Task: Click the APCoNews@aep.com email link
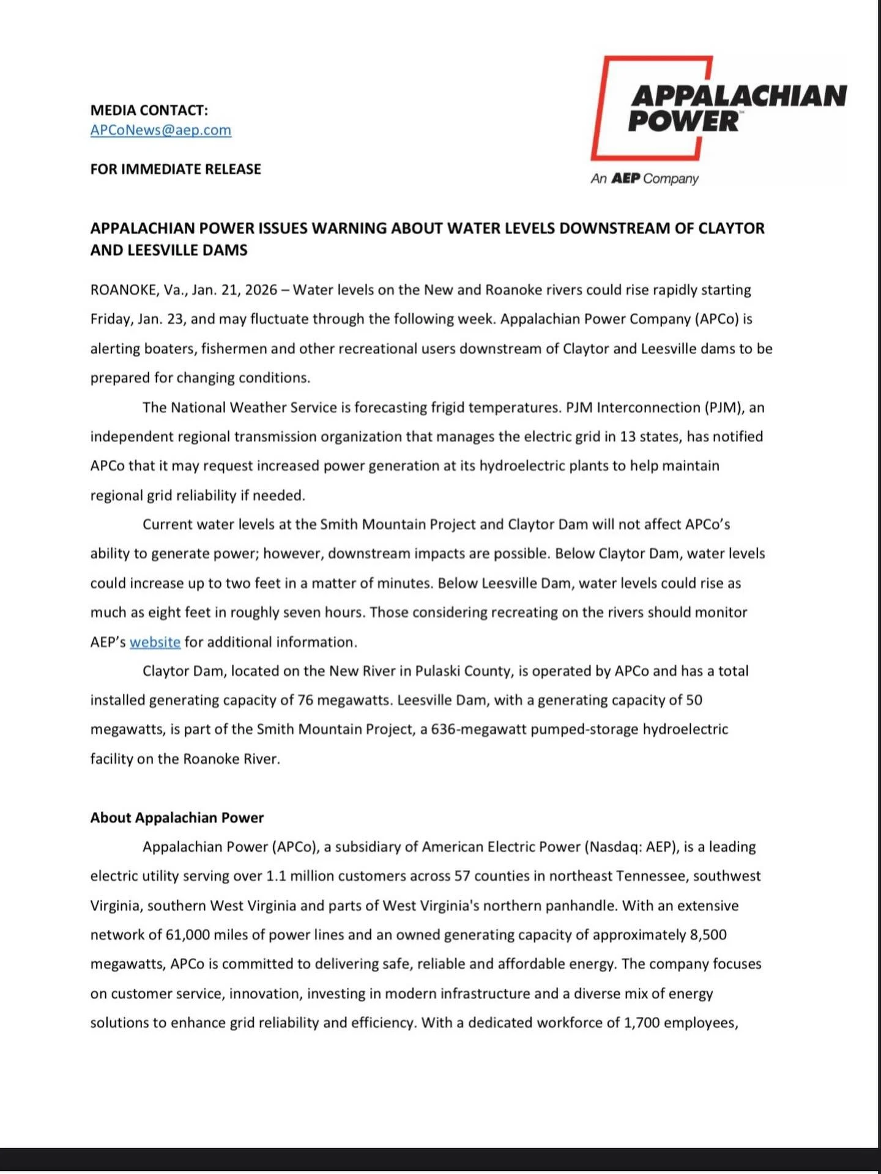161,130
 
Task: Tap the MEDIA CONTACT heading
149,110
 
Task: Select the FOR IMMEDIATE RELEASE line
176,169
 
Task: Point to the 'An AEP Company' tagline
644,179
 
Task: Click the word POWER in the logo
683,121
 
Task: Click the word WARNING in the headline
349,228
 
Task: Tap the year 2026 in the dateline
261,290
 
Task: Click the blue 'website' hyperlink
155,642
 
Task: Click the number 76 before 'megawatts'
306,700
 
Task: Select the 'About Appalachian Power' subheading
177,818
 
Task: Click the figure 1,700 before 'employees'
641,1023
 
